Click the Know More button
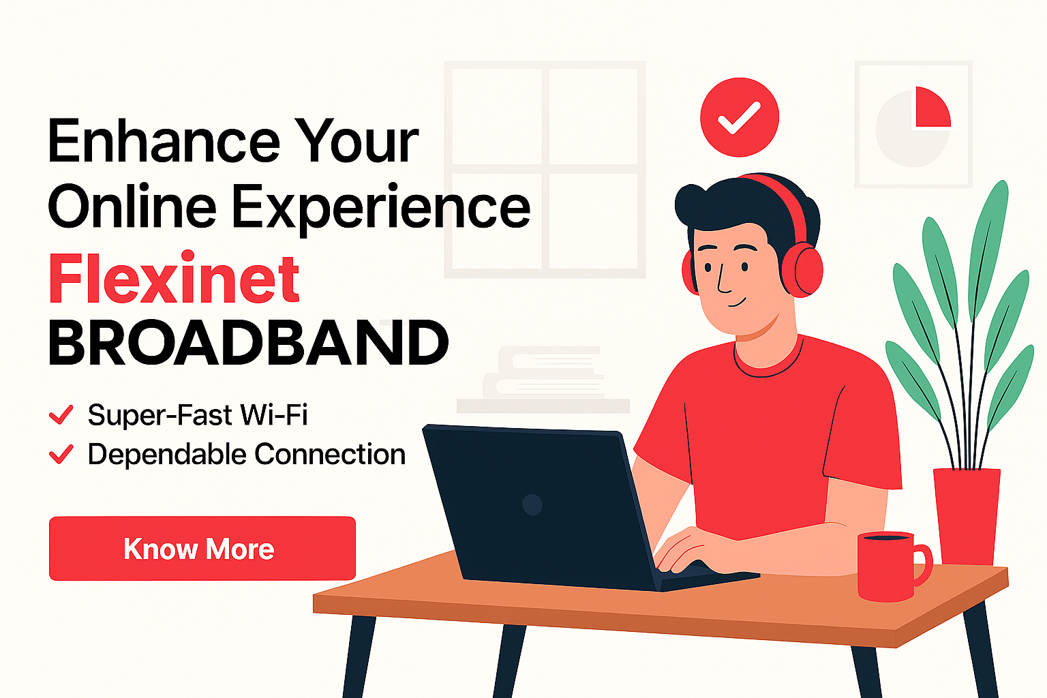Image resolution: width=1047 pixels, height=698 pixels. click(x=202, y=549)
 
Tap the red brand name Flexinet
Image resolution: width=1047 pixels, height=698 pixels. click(x=174, y=279)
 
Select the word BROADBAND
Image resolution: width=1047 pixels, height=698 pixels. click(x=248, y=343)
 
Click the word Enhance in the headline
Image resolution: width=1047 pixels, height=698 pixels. click(x=164, y=140)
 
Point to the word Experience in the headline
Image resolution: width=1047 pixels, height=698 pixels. click(x=381, y=208)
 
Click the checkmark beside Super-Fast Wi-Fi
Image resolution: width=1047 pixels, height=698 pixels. click(x=61, y=414)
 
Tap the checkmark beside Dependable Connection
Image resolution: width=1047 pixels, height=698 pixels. click(x=61, y=455)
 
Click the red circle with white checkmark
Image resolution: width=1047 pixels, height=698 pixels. click(x=740, y=117)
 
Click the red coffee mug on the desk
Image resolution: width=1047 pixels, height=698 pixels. click(x=890, y=566)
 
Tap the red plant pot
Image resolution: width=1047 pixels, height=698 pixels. click(x=967, y=516)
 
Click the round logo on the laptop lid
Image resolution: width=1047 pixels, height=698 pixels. click(x=532, y=505)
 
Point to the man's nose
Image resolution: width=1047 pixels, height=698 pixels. click(x=723, y=279)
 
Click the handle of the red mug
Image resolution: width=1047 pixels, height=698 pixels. click(x=922, y=565)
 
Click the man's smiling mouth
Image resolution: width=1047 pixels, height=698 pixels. click(x=737, y=303)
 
